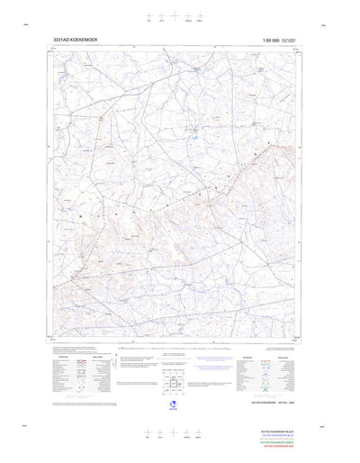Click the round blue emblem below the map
click(x=173, y=406)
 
